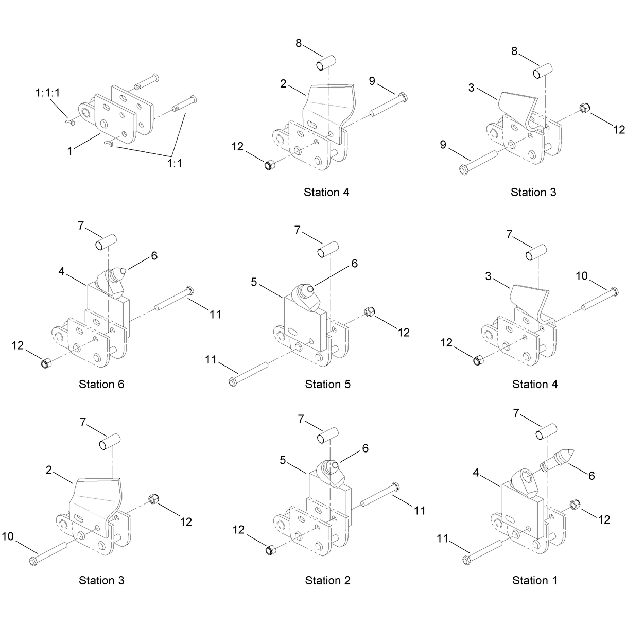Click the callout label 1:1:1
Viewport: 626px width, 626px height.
click(x=47, y=93)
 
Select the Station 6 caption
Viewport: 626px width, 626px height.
click(x=101, y=385)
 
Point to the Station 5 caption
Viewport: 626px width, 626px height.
click(x=327, y=385)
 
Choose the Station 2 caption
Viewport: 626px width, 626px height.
click(x=327, y=580)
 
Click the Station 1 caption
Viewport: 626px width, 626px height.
click(x=534, y=580)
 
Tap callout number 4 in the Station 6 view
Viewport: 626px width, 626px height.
click(x=61, y=271)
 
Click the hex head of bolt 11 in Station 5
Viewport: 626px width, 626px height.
click(x=232, y=381)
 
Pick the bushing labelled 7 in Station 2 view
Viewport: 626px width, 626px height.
click(x=328, y=436)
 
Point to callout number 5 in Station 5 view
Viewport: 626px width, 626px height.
click(x=254, y=282)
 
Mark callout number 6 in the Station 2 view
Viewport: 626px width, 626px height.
click(x=365, y=448)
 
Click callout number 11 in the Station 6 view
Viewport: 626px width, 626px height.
click(x=215, y=314)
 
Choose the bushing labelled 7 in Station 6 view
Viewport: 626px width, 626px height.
click(x=106, y=242)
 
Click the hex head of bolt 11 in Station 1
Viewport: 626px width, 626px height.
click(x=466, y=560)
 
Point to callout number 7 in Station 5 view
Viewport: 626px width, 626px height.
click(x=297, y=230)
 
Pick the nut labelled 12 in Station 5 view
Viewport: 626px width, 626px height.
click(x=369, y=312)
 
